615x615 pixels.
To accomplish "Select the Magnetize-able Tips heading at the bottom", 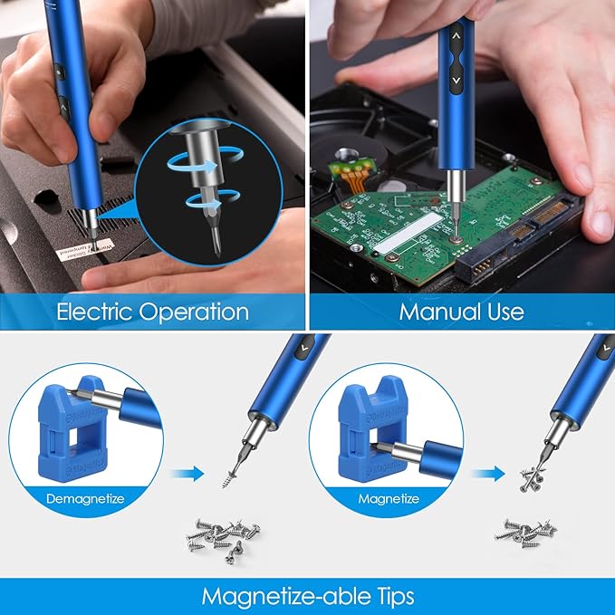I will pyautogui.click(x=308, y=596).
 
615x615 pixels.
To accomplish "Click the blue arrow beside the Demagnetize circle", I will pyautogui.click(x=187, y=472).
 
